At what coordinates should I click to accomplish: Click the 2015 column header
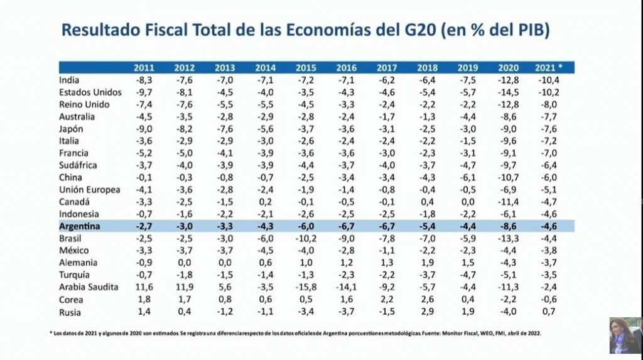306,67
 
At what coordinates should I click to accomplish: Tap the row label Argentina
81,226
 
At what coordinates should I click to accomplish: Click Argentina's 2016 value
346,226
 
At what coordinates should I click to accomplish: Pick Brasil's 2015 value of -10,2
306,238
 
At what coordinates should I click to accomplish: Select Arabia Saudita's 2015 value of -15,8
306,287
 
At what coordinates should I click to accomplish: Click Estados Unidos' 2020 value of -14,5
508,92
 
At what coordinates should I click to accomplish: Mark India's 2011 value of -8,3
144,80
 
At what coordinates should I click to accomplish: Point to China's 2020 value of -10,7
508,177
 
